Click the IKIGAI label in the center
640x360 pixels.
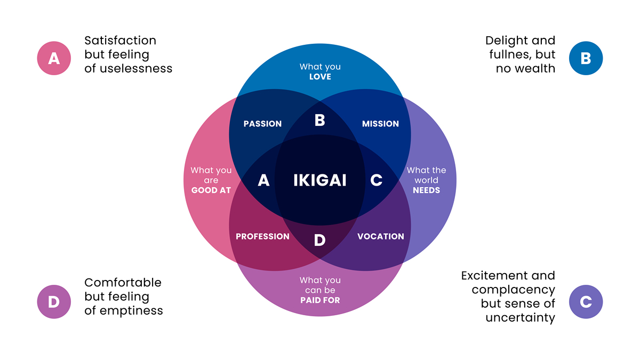tap(320, 180)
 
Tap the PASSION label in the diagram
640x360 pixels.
tap(262, 124)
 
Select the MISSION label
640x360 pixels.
tap(380, 124)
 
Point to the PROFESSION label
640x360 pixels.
tap(262, 236)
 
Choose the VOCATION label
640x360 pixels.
tap(381, 236)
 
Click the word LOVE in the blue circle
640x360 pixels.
tap(320, 77)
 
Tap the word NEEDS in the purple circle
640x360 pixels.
tap(426, 190)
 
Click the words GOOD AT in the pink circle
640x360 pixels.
tap(211, 190)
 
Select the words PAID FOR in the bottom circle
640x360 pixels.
tap(320, 300)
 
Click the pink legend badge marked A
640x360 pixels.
tap(54, 58)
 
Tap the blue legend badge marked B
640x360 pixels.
tap(586, 58)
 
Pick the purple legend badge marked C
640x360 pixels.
tap(586, 302)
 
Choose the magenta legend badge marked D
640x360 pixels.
tap(54, 302)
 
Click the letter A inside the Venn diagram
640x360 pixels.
tap(263, 181)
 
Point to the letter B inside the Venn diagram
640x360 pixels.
tap(320, 121)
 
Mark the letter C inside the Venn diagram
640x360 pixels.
tap(376, 181)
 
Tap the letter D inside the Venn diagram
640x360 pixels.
tap(319, 241)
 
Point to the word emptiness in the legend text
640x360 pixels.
tap(130, 310)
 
